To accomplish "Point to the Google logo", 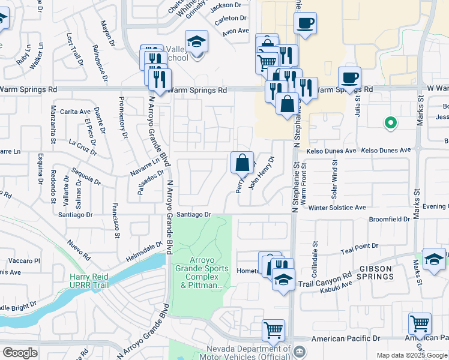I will [20, 353].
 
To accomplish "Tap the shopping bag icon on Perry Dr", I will [242, 163].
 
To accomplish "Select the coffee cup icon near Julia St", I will [349, 77].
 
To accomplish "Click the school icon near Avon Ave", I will [196, 41].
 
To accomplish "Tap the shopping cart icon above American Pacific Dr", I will [273, 329].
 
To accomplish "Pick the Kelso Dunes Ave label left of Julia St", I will [331, 151].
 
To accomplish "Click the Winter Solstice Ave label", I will [337, 208].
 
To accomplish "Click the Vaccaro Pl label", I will [24, 261].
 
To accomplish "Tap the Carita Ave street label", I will [75, 112].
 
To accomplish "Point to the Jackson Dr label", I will [225, 5].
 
